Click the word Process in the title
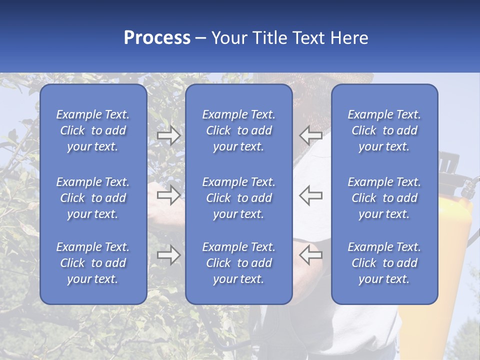point(157,38)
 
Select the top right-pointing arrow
point(168,135)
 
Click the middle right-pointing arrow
point(168,194)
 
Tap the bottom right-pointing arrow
point(168,255)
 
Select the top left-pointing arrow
point(310,135)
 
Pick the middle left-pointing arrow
point(310,194)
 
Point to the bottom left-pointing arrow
point(310,255)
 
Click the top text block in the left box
point(93,130)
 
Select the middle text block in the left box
point(93,198)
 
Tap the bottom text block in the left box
point(93,263)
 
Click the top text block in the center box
point(238,130)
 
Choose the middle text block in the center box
point(238,198)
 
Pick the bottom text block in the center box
point(238,263)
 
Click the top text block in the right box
point(384,130)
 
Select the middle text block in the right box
point(384,198)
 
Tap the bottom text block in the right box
point(384,263)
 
